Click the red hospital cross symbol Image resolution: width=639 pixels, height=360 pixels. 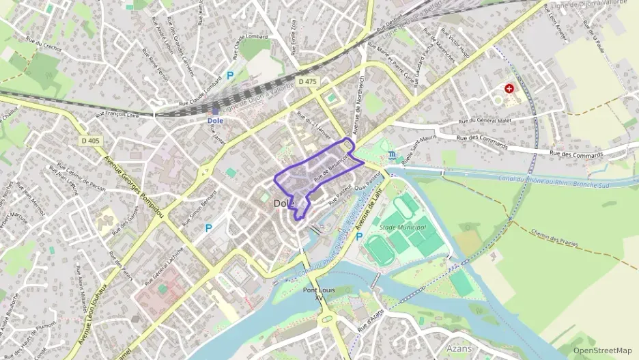(x=509, y=88)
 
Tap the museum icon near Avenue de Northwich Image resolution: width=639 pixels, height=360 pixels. (x=391, y=155)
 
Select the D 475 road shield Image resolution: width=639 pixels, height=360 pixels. (x=308, y=82)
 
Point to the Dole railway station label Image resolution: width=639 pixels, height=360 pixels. (x=215, y=120)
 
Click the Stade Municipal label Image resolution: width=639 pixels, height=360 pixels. (x=402, y=227)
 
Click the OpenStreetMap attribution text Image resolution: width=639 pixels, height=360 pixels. (x=602, y=351)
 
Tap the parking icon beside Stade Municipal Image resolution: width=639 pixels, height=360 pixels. (x=359, y=236)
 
